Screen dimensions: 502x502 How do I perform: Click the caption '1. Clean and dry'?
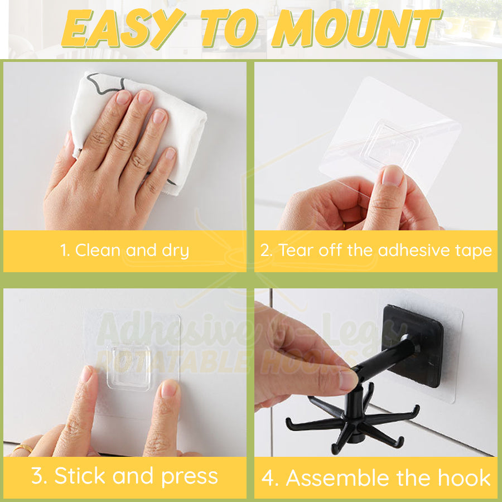pos(124,250)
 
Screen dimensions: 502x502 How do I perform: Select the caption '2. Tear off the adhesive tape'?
pos(376,250)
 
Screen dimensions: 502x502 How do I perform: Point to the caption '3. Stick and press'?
pos(124,476)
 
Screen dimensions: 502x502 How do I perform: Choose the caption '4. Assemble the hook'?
pos(376,478)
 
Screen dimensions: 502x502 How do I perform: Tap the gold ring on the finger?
pos(23,448)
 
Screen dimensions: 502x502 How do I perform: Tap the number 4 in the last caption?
pos(270,479)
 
